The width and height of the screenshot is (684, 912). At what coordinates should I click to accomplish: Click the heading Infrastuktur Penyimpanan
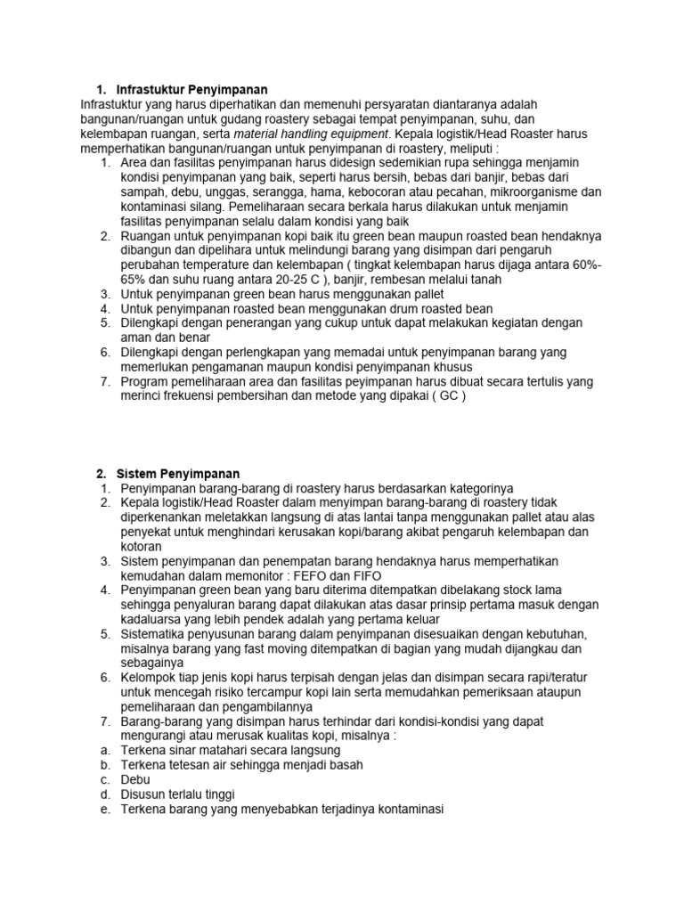(191, 90)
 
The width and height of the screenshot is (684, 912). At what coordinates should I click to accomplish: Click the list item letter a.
(104, 750)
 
